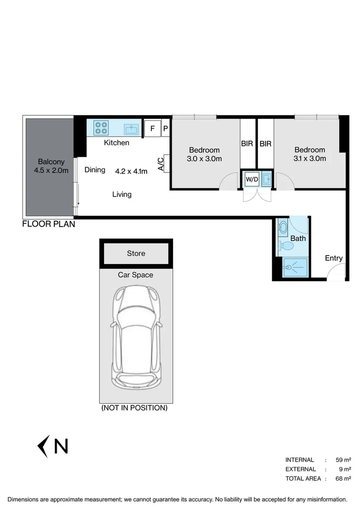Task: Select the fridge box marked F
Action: [152, 128]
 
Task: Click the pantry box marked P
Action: [166, 128]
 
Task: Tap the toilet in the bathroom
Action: [285, 246]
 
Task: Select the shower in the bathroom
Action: [294, 267]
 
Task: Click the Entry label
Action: [334, 258]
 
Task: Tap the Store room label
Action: [136, 254]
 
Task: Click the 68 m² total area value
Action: [343, 479]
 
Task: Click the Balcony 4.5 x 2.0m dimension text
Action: [51, 170]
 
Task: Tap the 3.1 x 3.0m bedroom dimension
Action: [310, 159]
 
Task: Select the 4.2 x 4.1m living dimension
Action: [131, 171]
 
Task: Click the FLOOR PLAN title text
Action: [49, 224]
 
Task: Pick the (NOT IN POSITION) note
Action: [134, 408]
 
